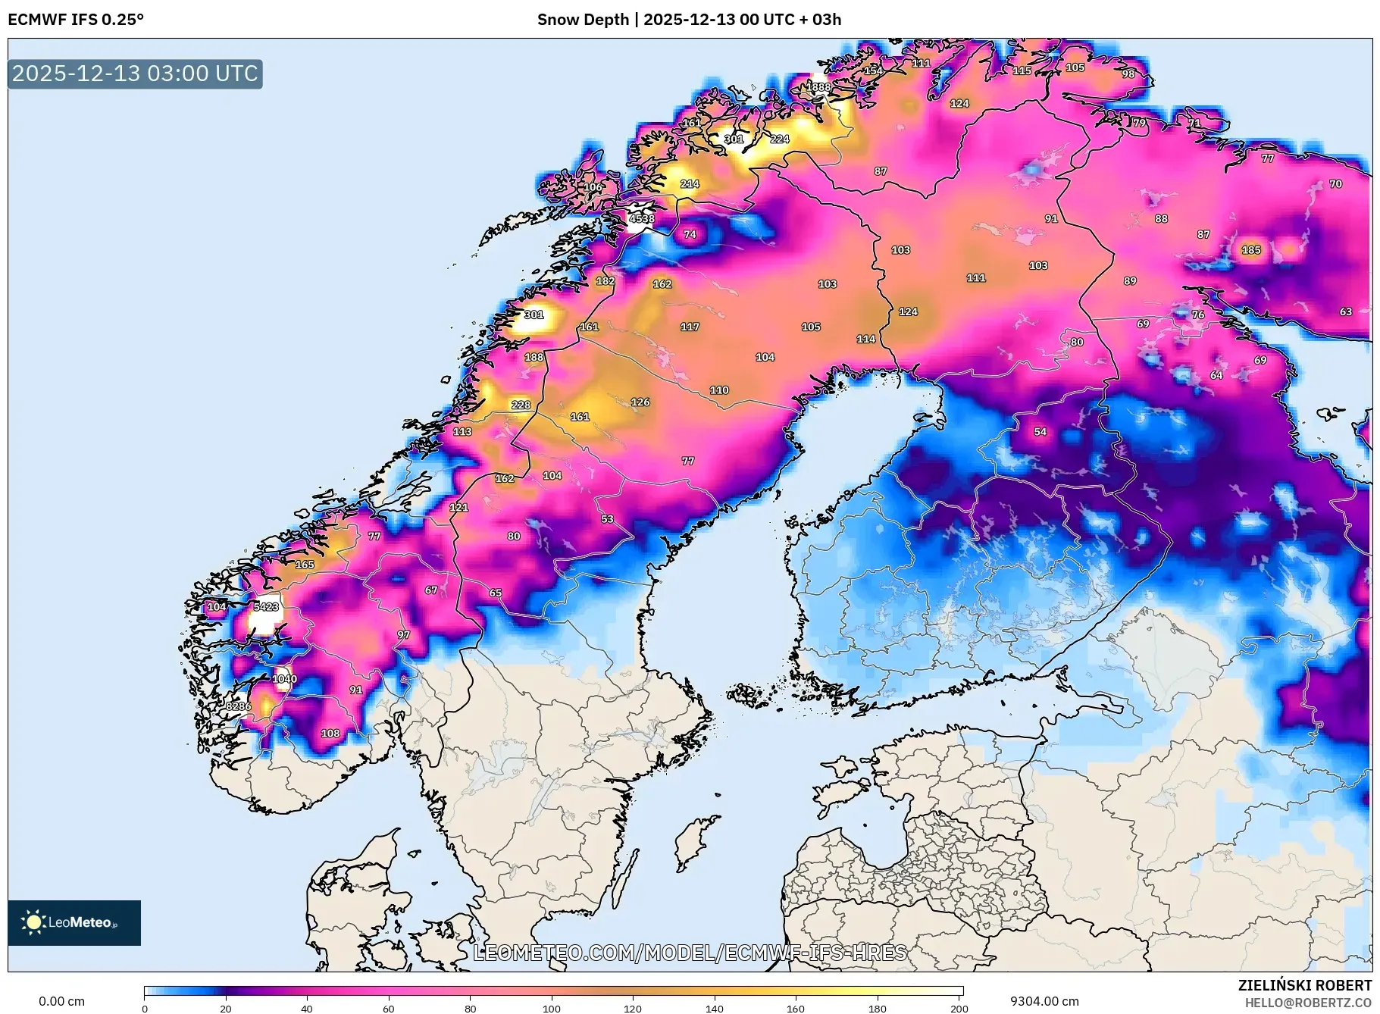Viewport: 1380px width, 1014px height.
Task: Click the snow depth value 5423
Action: coord(266,607)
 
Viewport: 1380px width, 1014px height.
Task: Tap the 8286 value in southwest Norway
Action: coord(238,706)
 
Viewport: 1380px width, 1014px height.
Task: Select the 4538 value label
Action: coord(641,219)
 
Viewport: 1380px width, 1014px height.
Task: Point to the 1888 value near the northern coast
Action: coord(818,87)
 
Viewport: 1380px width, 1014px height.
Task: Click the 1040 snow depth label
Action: coord(284,679)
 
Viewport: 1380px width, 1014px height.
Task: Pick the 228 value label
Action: coord(521,405)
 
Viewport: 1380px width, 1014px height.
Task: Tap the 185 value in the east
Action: coord(1250,250)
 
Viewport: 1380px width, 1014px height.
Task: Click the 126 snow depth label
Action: coord(640,402)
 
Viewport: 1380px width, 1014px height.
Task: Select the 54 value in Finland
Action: coord(1040,432)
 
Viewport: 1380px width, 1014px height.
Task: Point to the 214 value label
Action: coord(689,184)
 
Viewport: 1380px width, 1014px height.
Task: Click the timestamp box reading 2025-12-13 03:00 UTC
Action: coord(135,74)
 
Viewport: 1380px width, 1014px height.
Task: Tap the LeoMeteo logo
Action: coord(74,922)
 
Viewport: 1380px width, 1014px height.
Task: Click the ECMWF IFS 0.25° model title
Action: coord(76,20)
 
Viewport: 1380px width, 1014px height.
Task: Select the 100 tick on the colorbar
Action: coord(552,1009)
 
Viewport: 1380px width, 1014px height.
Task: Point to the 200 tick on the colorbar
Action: coord(959,1009)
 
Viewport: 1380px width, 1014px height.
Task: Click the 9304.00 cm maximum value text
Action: coord(1044,1001)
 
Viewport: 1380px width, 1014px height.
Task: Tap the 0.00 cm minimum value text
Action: coord(61,1001)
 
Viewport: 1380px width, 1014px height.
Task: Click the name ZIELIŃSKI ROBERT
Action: coord(1304,985)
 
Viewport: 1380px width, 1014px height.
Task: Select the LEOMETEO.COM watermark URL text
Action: coord(690,953)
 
